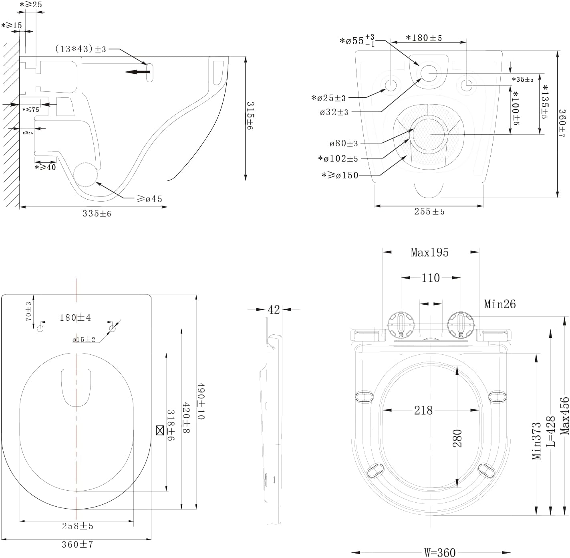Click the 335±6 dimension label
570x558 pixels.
pos(97,213)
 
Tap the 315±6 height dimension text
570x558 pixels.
pos(250,115)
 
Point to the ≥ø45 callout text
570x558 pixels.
pos(149,199)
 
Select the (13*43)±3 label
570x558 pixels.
pos(81,49)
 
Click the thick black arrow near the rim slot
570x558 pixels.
pos(137,72)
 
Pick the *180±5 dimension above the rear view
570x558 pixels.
pos(424,38)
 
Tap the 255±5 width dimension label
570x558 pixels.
pos(429,211)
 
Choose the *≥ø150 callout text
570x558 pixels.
pos(340,175)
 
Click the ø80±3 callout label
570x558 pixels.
pos(344,144)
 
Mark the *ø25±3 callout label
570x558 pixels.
pos(328,97)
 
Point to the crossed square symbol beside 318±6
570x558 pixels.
pos(160,431)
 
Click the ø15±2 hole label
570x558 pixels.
pos(84,340)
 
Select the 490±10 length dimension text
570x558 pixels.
pos(201,400)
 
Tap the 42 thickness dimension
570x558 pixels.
pos(274,310)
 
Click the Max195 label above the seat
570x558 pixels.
pos(429,252)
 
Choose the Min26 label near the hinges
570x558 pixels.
pos(500,304)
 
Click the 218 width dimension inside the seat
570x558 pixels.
pos(423,410)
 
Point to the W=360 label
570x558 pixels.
pos(440,552)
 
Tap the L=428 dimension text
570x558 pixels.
pos(551,431)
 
